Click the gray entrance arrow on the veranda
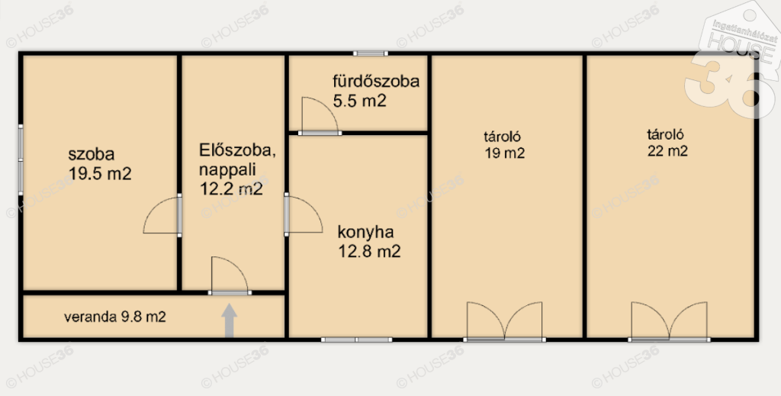[x=229, y=320]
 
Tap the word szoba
[x=92, y=154]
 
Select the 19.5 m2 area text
[x=100, y=173]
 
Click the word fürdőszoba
[x=376, y=81]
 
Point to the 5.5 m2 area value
[x=360, y=101]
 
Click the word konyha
[x=365, y=233]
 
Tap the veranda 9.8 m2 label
[x=114, y=317]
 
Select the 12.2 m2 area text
[x=230, y=189]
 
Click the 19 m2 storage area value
[x=505, y=153]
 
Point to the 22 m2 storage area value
[x=667, y=150]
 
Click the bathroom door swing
[x=320, y=116]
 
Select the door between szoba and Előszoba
[x=162, y=214]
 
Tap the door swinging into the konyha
[x=304, y=214]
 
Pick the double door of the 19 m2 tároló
[x=504, y=322]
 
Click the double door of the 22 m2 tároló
[x=669, y=322]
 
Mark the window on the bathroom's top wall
[x=371, y=53]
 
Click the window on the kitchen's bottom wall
[x=356, y=340]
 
